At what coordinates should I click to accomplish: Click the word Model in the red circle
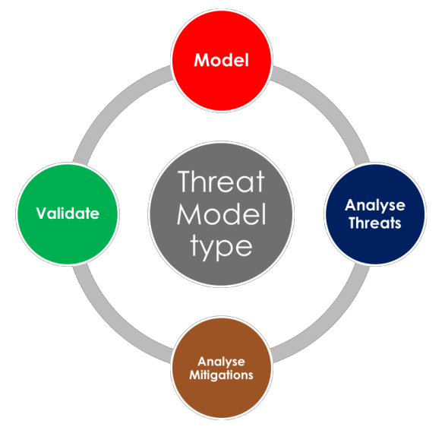222,60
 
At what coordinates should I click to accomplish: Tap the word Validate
68,213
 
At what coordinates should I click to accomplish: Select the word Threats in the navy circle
375,223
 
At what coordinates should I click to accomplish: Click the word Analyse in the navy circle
375,206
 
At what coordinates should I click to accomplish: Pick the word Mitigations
222,375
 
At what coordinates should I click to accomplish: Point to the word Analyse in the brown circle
222,362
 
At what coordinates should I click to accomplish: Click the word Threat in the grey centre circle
222,182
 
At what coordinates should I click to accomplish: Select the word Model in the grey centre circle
222,214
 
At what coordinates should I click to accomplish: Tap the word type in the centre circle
222,248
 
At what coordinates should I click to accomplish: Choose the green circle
68,242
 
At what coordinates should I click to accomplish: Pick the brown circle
222,397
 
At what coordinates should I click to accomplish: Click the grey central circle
222,273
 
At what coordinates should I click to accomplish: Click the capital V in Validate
42,213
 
